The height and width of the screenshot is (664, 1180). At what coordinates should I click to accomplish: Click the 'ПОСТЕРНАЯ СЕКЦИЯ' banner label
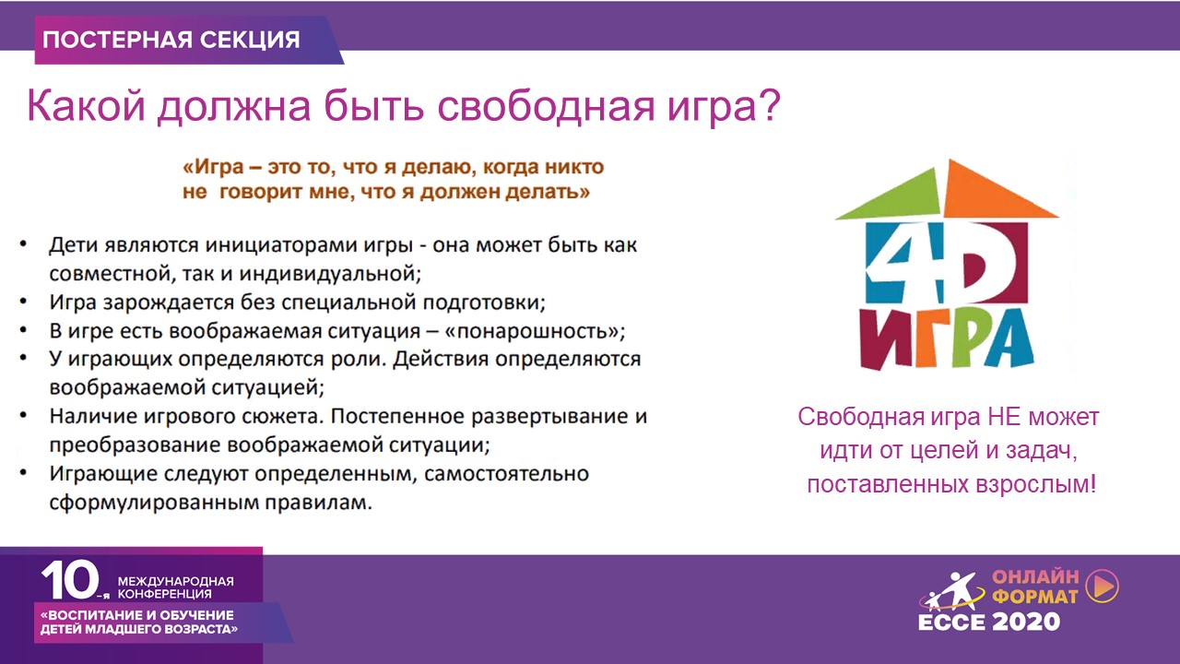pos(171,40)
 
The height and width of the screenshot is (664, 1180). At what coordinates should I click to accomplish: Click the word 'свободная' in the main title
pos(545,106)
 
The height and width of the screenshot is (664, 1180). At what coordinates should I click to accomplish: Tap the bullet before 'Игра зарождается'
pos(23,302)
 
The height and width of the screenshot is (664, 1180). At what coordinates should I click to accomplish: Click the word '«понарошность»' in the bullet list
pos(535,331)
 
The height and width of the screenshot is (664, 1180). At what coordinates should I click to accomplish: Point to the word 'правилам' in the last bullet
pos(318,503)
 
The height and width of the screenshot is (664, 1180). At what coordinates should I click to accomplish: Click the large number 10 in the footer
pos(71,580)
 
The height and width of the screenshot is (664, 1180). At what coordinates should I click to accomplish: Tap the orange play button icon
pos(1103,586)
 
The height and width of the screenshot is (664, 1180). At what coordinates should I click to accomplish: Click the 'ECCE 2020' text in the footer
pos(989,622)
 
